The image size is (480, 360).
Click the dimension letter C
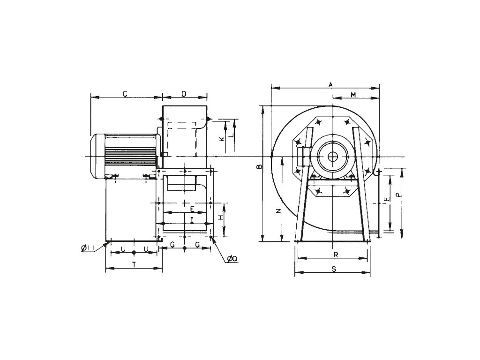[125, 94]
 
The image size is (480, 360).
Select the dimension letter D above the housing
[184, 94]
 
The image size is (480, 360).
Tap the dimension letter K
[222, 140]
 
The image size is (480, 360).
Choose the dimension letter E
[192, 208]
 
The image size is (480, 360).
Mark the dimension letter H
[220, 217]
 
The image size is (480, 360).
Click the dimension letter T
[134, 265]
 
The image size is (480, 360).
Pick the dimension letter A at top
[330, 84]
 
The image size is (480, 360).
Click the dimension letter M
[354, 95]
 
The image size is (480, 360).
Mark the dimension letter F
[386, 200]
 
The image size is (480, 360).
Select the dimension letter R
[336, 255]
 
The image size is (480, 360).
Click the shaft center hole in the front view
[332, 157]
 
